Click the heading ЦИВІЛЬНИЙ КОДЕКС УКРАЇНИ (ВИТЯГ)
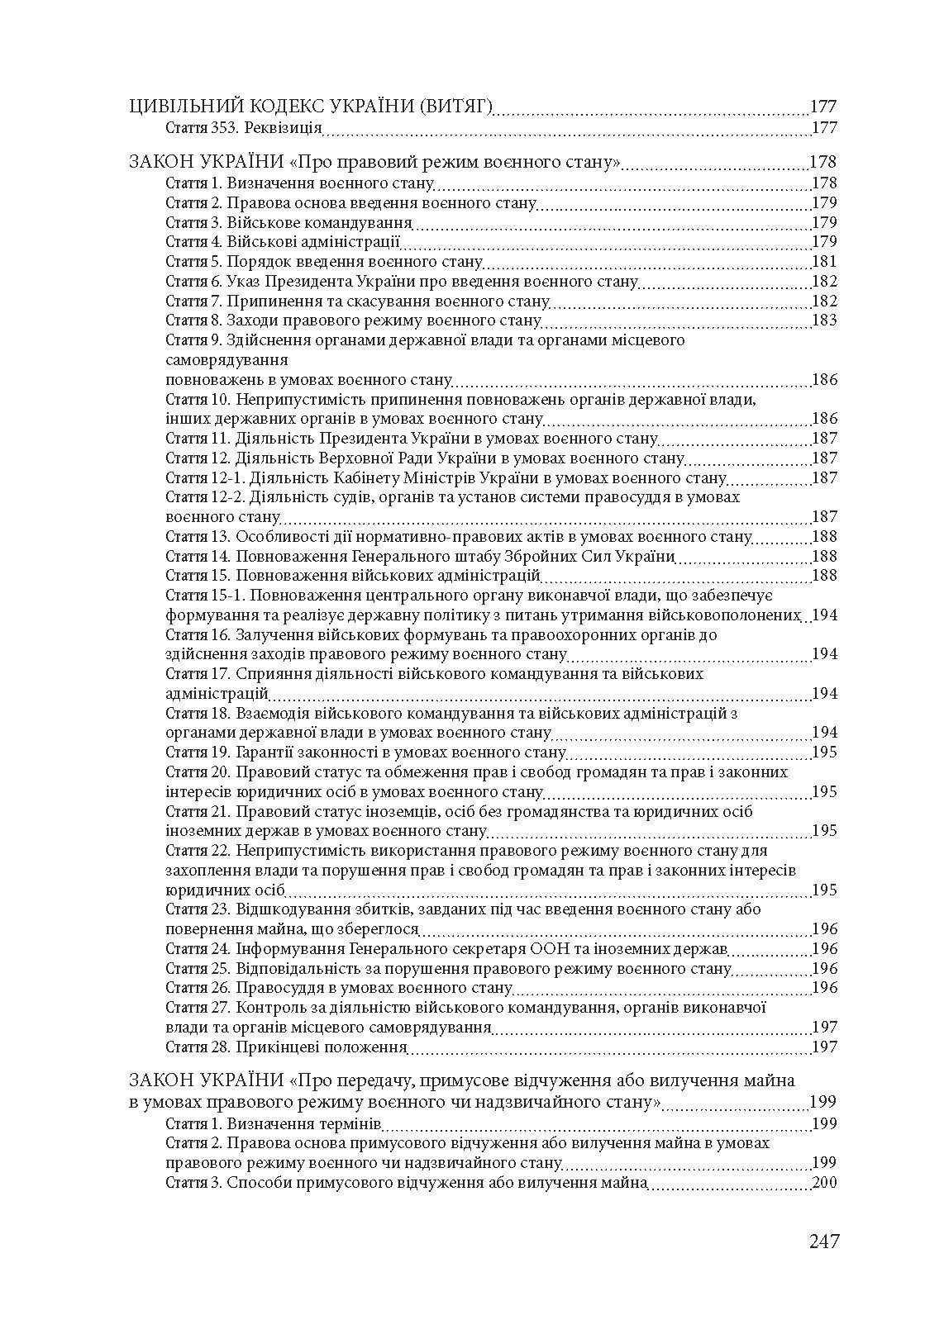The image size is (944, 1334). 312,107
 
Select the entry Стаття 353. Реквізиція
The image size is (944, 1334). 243,128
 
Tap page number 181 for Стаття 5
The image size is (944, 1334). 824,262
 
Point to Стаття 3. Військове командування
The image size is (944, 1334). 288,223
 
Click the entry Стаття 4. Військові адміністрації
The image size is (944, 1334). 283,242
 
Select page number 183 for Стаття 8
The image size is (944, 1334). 824,320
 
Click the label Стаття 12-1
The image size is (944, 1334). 198,478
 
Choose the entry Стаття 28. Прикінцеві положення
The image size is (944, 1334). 286,1047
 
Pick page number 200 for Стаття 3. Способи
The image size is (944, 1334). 824,1183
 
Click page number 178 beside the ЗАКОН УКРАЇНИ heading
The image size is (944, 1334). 823,163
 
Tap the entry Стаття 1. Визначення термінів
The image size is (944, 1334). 273,1124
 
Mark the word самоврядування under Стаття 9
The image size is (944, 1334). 226,360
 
